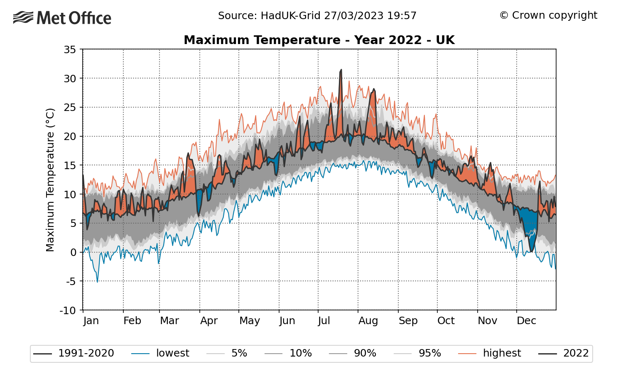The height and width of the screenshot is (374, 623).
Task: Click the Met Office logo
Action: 62,18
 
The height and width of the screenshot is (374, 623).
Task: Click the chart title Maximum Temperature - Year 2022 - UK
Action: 319,40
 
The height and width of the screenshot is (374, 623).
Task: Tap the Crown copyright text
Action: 548,15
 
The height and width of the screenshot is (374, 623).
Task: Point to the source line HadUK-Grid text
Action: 317,16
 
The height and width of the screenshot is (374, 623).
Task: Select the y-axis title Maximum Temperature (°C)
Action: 50,180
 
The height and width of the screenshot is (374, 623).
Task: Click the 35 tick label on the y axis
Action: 70,50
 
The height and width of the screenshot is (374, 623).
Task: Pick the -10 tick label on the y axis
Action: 68,310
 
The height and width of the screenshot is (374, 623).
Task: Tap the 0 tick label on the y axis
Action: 73,253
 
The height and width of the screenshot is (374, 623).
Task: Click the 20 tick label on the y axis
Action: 70,137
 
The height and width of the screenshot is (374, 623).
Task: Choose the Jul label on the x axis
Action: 324,321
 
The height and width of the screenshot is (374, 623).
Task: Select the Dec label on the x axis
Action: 526,321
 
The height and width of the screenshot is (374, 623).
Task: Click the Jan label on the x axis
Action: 91,321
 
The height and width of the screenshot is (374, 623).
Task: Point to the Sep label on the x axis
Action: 408,321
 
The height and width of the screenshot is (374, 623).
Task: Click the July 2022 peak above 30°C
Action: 341,71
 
